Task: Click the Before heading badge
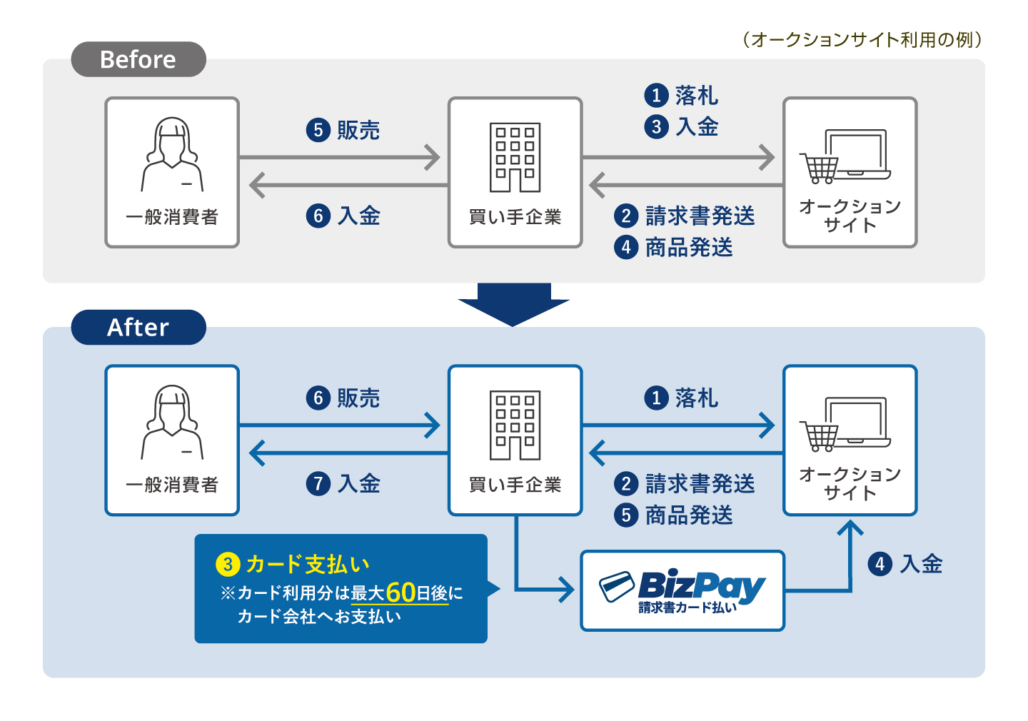[138, 59]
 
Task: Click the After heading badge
[138, 328]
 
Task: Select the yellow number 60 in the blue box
[400, 593]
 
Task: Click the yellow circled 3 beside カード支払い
[227, 565]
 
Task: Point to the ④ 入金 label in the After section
[905, 564]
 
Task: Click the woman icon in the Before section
[172, 154]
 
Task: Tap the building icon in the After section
[515, 425]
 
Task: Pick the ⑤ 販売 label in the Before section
[343, 130]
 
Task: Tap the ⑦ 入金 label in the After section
[343, 484]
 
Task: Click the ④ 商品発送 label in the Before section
[674, 248]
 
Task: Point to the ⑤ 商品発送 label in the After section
[674, 515]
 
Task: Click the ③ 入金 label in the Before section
[682, 127]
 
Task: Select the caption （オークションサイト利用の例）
[862, 39]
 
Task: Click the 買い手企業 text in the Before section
[515, 217]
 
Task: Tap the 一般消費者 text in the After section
[172, 485]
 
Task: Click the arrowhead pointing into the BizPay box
[567, 590]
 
